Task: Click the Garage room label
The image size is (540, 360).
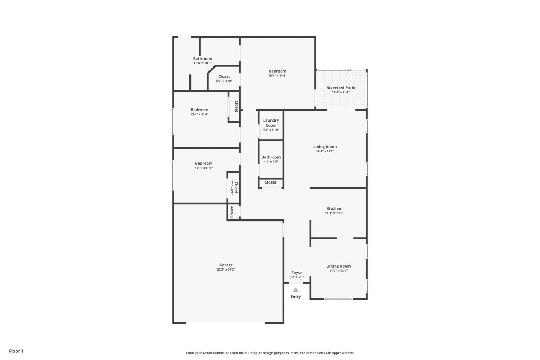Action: click(226, 265)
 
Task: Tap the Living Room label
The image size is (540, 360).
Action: click(325, 147)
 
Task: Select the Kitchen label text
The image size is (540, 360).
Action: click(334, 208)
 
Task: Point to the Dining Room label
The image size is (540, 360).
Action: click(338, 266)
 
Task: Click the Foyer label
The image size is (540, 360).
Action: click(297, 273)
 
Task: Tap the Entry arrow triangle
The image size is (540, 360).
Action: click(296, 290)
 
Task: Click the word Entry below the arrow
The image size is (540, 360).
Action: click(296, 297)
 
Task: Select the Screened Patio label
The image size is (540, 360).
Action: click(341, 88)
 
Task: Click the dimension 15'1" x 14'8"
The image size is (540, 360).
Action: click(278, 76)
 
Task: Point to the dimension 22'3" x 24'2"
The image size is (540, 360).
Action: click(226, 269)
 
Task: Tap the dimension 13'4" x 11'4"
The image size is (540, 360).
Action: click(200, 114)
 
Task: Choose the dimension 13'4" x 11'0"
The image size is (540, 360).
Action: click(204, 168)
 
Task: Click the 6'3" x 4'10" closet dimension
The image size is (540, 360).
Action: click(224, 81)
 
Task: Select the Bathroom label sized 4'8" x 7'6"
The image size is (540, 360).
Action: click(271, 157)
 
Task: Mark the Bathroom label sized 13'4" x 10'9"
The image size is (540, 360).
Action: click(202, 59)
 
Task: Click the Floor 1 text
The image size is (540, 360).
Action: click(16, 351)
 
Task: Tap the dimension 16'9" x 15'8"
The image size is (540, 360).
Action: click(325, 151)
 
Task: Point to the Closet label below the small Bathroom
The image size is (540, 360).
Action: click(270, 182)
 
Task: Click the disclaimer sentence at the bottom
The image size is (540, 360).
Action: click(270, 353)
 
